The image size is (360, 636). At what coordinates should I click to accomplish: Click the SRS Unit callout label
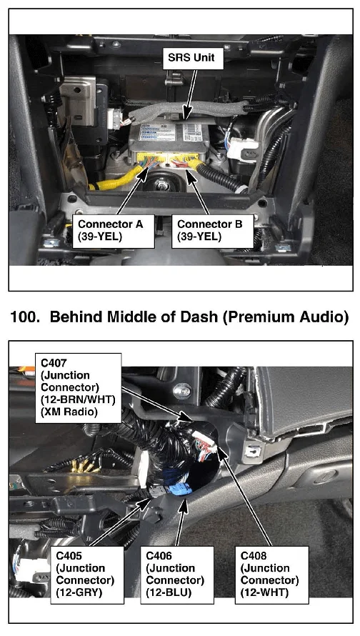pyautogui.click(x=191, y=58)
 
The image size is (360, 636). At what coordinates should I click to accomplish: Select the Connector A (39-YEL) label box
pyautogui.click(x=113, y=231)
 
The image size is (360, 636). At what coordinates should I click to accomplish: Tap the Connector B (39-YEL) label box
pyautogui.click(x=212, y=231)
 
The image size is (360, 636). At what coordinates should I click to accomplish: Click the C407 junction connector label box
pyautogui.click(x=79, y=388)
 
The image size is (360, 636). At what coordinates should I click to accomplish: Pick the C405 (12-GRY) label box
pyautogui.click(x=86, y=575)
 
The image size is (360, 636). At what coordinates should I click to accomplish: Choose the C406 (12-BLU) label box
pyautogui.click(x=176, y=575)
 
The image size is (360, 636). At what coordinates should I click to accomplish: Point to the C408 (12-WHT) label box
pyautogui.click(x=271, y=575)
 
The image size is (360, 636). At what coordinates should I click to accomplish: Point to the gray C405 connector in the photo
pyautogui.click(x=157, y=492)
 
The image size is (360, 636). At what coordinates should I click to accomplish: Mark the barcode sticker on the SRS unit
pyautogui.click(x=191, y=132)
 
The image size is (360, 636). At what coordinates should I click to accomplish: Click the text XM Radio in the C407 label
pyautogui.click(x=69, y=412)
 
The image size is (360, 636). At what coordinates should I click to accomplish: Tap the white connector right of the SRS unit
pyautogui.click(x=242, y=149)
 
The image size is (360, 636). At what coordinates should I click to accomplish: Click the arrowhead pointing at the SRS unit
pyautogui.click(x=186, y=114)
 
